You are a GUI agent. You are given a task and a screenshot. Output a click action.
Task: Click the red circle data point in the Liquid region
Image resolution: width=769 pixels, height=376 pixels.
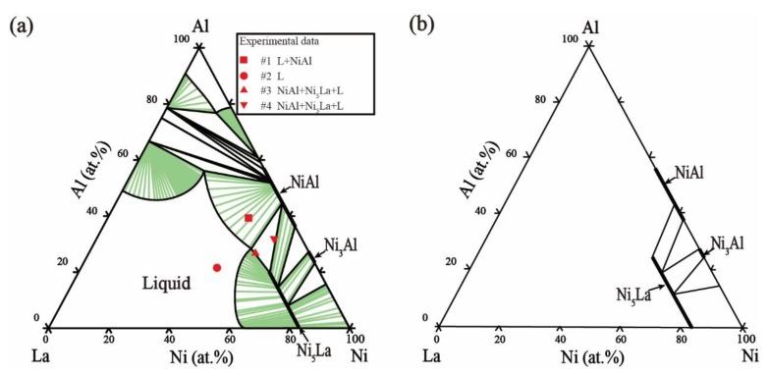217,267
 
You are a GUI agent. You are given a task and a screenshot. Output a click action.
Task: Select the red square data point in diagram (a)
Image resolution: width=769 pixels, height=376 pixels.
248,217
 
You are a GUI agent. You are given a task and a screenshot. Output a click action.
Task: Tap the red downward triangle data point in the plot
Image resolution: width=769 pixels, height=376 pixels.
274,240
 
